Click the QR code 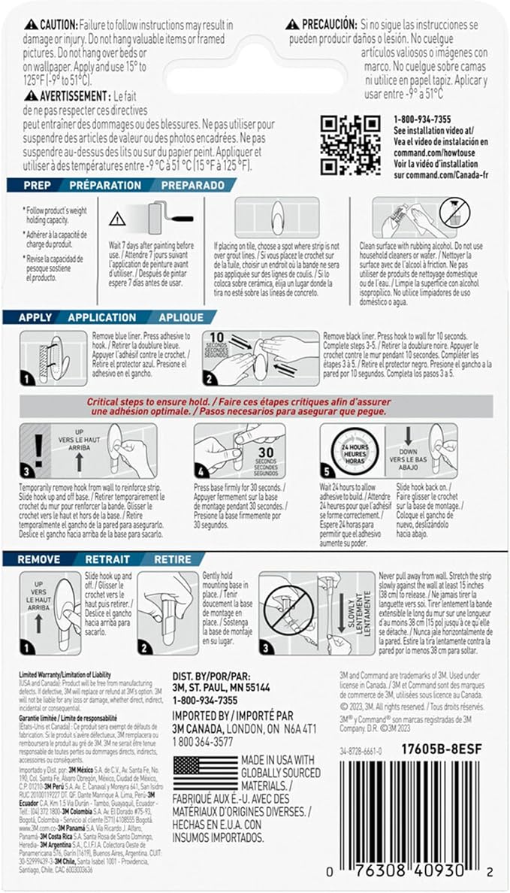349,144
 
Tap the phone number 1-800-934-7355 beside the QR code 422,120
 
